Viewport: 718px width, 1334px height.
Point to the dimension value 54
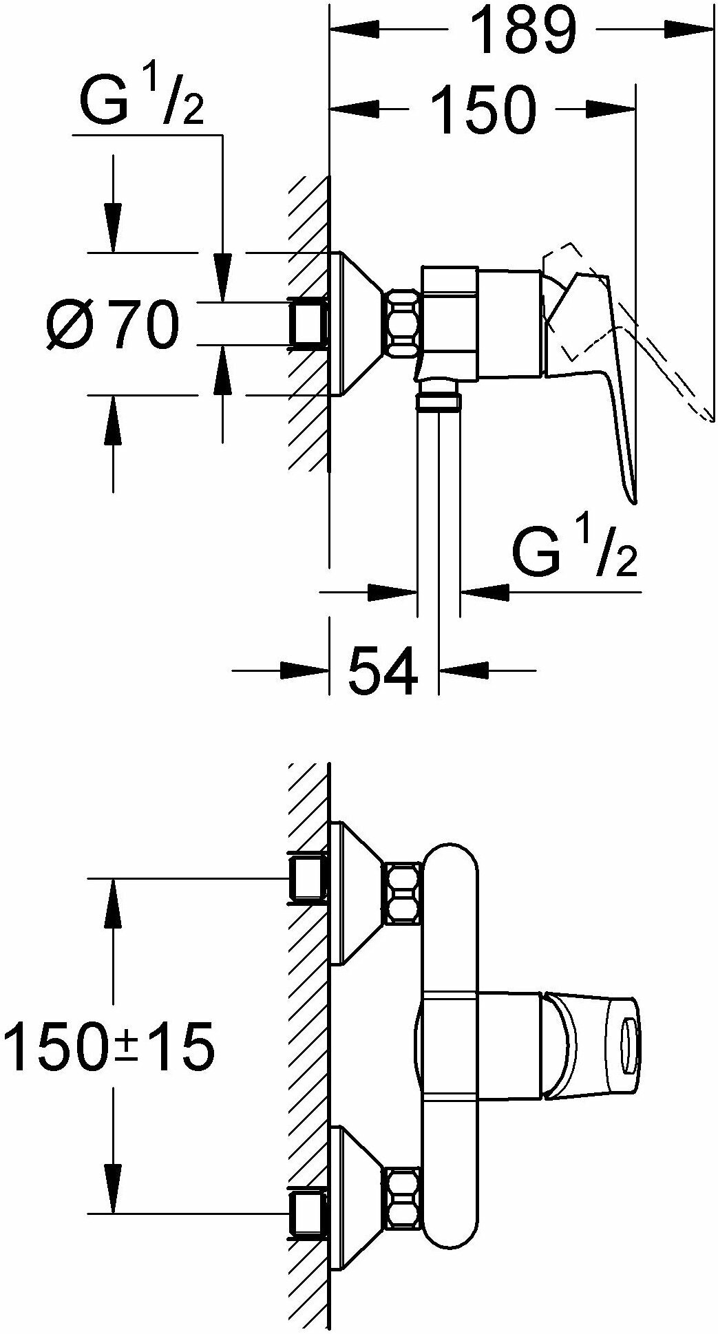tap(383, 670)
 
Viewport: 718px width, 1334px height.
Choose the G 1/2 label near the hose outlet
tap(575, 553)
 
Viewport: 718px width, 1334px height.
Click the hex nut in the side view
tap(403, 323)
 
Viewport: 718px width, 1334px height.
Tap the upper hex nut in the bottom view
tap(403, 893)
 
